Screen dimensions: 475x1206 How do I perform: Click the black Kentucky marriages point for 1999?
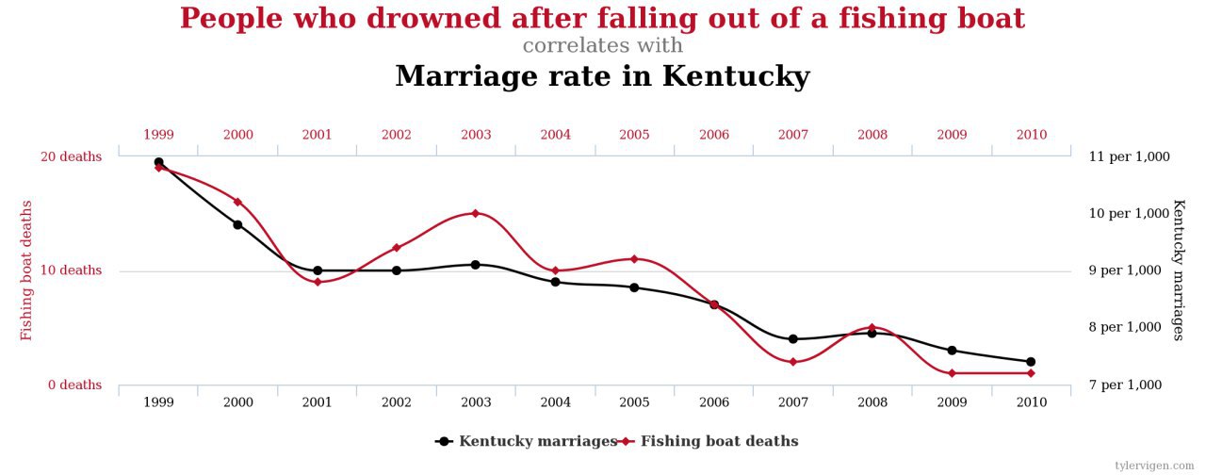click(x=158, y=162)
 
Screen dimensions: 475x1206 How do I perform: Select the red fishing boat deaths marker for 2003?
click(x=476, y=213)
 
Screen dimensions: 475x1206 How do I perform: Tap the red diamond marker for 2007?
click(x=793, y=362)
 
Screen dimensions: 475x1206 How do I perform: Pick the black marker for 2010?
click(x=1031, y=362)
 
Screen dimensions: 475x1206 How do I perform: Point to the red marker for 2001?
click(x=318, y=282)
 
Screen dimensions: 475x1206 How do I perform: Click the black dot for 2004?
click(x=556, y=282)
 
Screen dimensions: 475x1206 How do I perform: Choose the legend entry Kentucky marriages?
click(x=537, y=441)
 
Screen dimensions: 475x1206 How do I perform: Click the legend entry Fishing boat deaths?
click(x=719, y=441)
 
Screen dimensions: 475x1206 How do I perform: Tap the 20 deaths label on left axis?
click(x=71, y=156)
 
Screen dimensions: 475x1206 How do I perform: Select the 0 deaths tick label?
click(x=73, y=385)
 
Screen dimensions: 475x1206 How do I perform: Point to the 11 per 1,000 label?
click(x=1130, y=156)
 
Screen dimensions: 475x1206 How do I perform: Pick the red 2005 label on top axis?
click(x=635, y=135)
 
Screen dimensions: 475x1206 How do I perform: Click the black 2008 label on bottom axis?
click(x=872, y=402)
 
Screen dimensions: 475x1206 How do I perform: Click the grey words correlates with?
click(x=603, y=45)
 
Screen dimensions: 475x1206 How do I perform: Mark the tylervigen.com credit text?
click(x=1156, y=466)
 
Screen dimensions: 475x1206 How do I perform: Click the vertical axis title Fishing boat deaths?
click(x=26, y=270)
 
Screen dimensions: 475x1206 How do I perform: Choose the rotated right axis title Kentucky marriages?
click(x=1178, y=270)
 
